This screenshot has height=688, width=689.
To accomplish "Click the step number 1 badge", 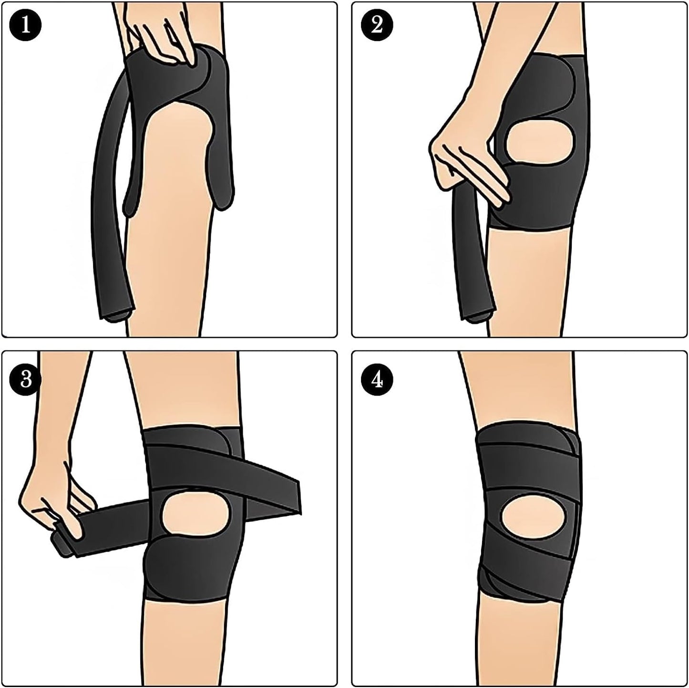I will [25, 25].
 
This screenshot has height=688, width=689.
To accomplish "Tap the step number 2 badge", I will [377, 25].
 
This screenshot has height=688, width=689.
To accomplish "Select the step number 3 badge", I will [25, 380].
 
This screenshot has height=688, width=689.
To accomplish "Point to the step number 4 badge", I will [377, 380].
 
